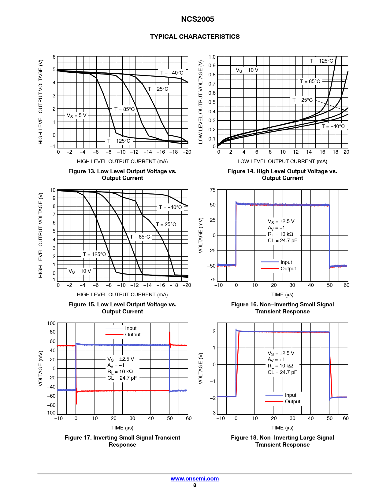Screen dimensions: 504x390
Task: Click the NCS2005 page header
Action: click(x=197, y=19)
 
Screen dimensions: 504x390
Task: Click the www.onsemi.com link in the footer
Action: click(x=195, y=479)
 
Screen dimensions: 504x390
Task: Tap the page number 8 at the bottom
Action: click(x=195, y=485)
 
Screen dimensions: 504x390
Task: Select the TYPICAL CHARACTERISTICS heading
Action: click(x=195, y=37)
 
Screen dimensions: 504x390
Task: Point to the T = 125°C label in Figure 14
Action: click(x=321, y=61)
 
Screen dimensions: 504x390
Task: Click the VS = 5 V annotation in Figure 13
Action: click(x=76, y=115)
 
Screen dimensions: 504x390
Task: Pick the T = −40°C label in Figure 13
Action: click(x=172, y=73)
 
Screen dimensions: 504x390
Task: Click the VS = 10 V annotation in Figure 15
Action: click(x=80, y=271)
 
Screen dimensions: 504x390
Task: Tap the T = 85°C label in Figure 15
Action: click(x=140, y=237)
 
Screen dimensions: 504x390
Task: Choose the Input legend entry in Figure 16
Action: click(x=286, y=262)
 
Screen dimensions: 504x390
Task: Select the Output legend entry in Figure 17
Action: click(x=132, y=334)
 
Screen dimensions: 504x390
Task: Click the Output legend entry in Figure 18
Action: click(x=292, y=401)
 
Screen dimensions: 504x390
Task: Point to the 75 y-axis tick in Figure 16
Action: click(x=213, y=190)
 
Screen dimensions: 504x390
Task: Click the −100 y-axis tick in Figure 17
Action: click(x=50, y=413)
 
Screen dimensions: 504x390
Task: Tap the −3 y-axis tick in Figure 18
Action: click(x=213, y=413)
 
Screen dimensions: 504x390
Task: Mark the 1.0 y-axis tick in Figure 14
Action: click(x=212, y=57)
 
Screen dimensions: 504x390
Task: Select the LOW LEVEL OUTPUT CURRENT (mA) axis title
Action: click(x=282, y=161)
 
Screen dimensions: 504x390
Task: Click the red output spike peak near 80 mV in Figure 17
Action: click(x=170, y=333)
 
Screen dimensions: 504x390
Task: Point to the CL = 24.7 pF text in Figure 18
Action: click(x=282, y=372)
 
